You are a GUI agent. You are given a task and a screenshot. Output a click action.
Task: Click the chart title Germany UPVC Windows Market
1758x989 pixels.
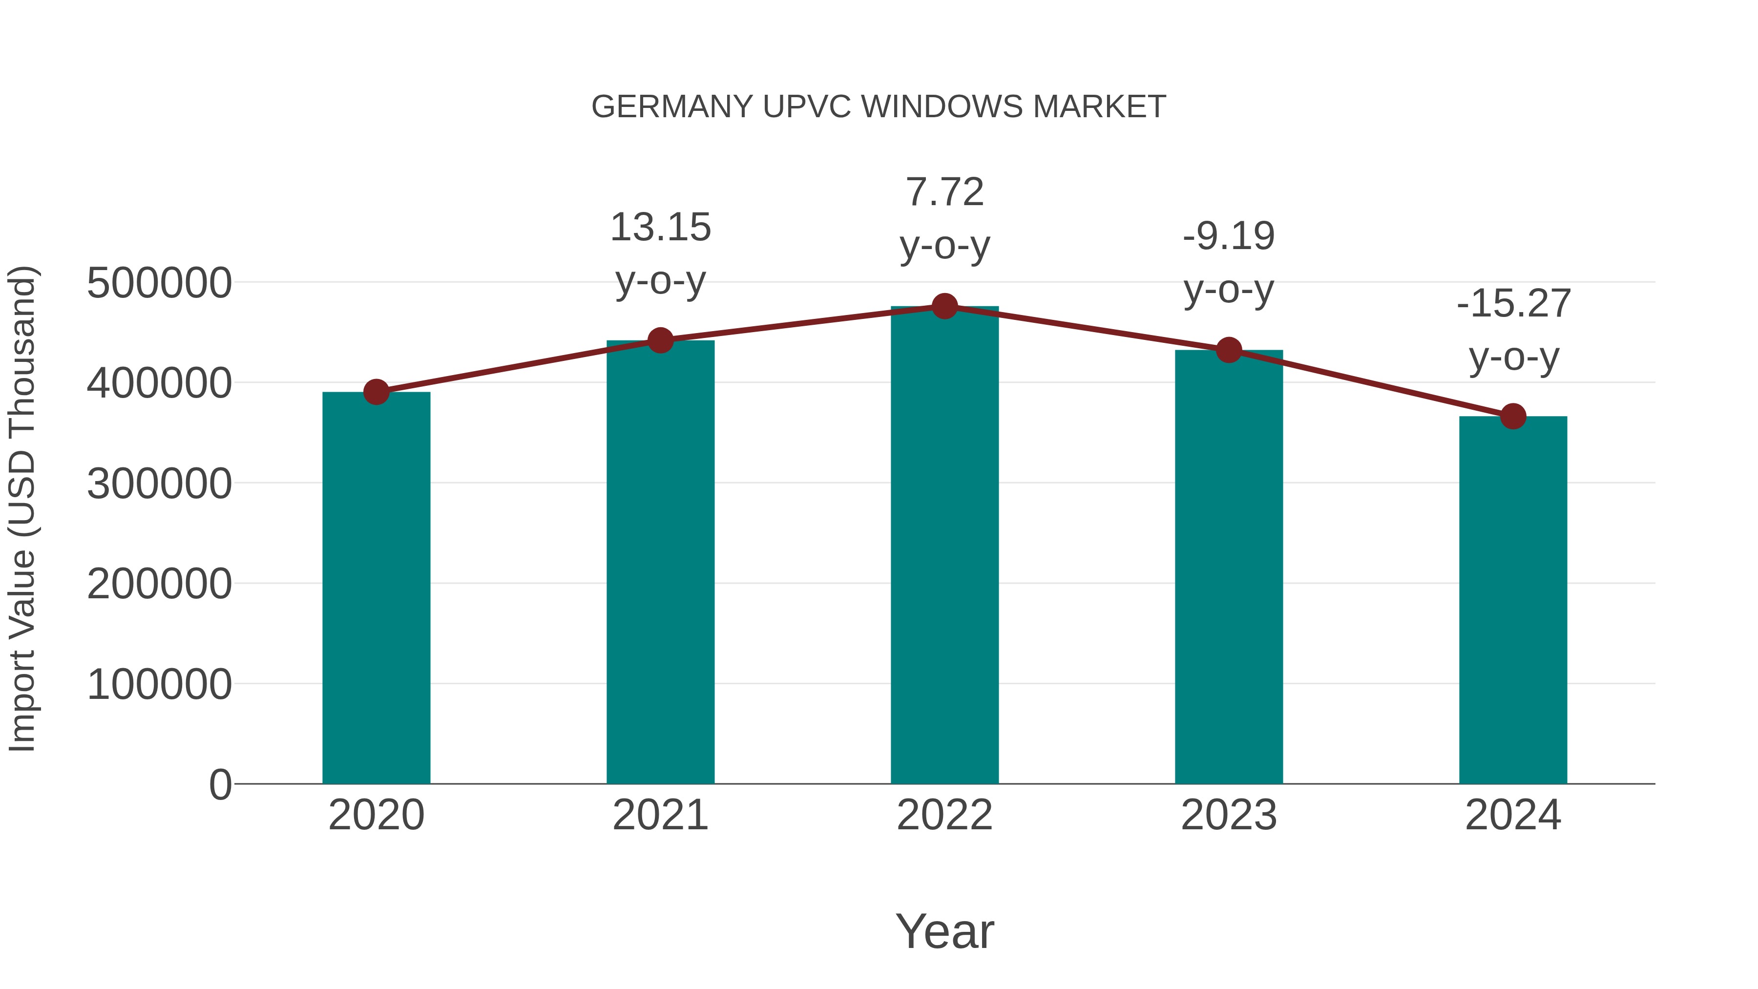click(879, 107)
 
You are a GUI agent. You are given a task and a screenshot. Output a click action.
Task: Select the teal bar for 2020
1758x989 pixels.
click(376, 587)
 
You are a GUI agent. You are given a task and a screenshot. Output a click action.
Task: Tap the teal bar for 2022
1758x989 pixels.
click(944, 546)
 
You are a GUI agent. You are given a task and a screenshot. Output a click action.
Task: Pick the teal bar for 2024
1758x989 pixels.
click(1513, 601)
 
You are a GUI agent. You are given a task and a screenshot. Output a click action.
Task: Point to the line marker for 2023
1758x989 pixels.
click(1229, 350)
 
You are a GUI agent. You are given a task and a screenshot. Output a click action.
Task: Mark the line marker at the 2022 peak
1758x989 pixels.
click(944, 306)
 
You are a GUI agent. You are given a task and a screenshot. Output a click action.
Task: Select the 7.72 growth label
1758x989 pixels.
click(944, 192)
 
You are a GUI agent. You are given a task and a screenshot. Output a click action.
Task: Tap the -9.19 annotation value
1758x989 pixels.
click(1229, 237)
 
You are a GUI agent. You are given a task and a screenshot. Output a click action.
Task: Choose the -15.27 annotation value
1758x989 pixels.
click(1513, 304)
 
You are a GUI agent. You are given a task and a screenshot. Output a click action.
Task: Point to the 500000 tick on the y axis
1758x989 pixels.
click(159, 283)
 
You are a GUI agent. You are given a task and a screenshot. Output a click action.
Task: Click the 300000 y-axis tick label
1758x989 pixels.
click(159, 484)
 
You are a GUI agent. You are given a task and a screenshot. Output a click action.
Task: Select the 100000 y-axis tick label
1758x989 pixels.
click(159, 685)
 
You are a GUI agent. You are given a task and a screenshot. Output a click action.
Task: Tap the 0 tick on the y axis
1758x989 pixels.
click(220, 785)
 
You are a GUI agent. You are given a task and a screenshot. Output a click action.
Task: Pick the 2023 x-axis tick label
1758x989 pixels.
click(1229, 816)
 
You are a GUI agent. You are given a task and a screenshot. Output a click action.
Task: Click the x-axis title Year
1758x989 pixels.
click(944, 932)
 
